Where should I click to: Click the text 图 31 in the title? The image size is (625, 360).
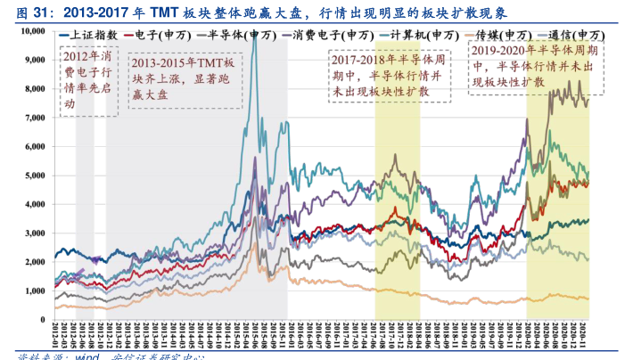(21, 11)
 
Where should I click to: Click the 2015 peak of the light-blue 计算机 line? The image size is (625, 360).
(256, 39)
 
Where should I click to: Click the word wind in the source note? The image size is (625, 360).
(86, 357)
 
